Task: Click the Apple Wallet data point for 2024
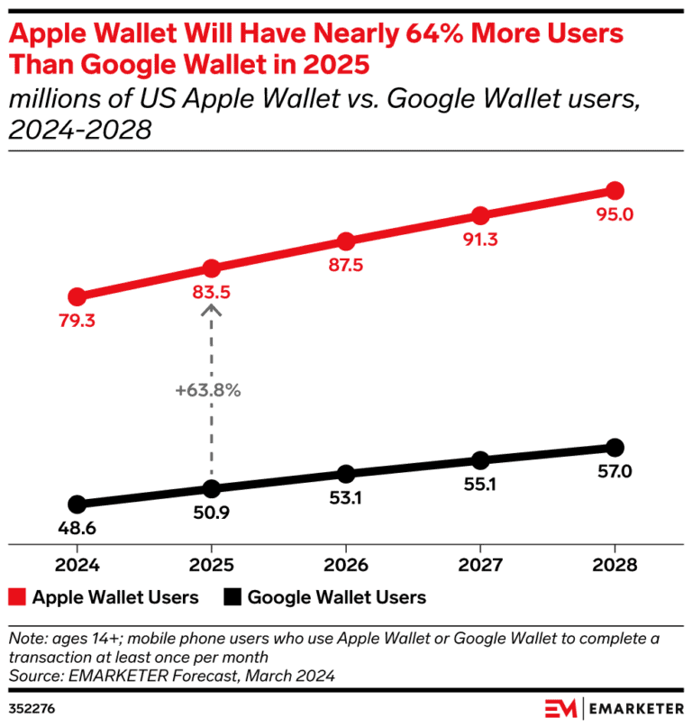pos(77,296)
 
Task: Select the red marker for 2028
pos(615,190)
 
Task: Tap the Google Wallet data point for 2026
pos(345,474)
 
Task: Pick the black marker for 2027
pos(480,460)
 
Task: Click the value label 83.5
pos(211,293)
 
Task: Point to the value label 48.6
pos(77,529)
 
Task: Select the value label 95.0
pos(615,214)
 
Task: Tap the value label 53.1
pos(345,498)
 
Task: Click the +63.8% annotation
pos(208,391)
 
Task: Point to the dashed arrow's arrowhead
pos(211,310)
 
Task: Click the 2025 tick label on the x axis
pos(211,565)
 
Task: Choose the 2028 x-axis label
pos(615,565)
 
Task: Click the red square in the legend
pos(17,596)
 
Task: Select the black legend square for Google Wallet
pos(232,596)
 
